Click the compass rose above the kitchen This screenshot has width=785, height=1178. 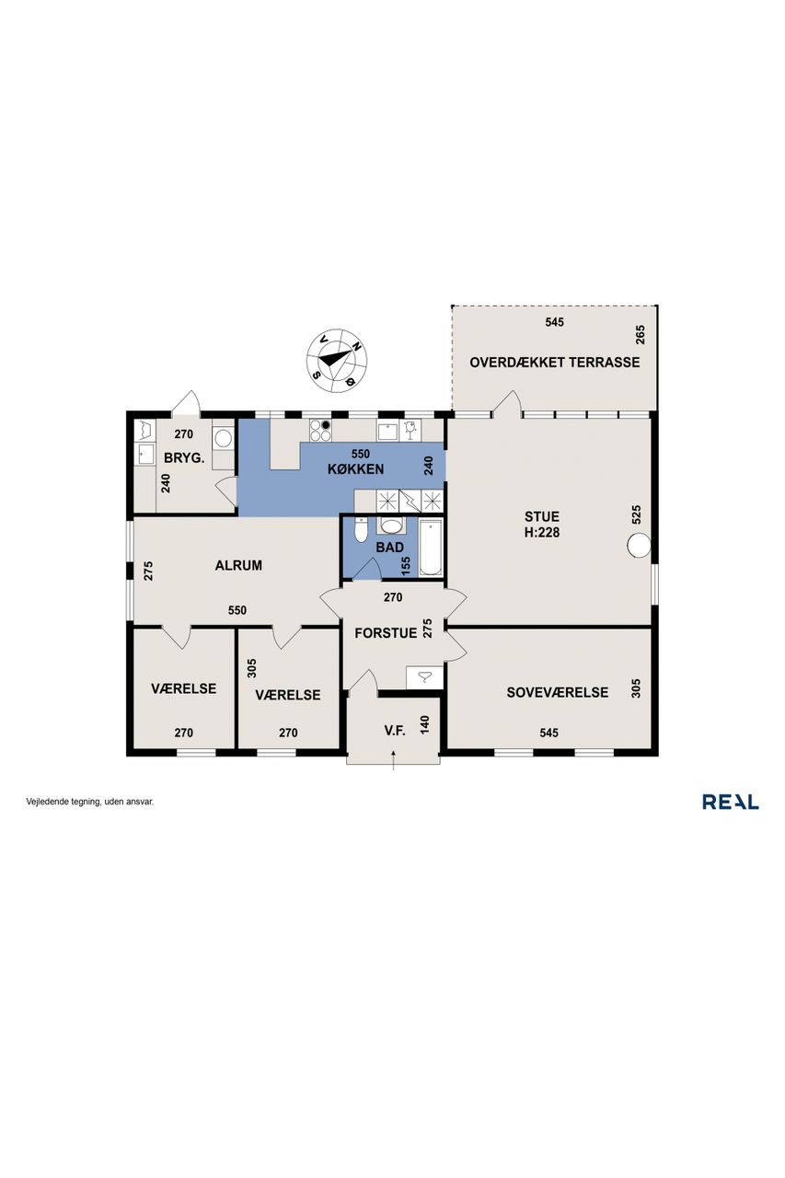click(x=337, y=360)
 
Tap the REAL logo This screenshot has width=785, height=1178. click(x=731, y=802)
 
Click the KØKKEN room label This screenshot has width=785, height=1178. click(x=355, y=468)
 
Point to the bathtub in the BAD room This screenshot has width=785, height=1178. click(x=431, y=548)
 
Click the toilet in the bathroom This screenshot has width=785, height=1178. click(x=361, y=530)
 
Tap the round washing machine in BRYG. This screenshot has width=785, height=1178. click(x=223, y=436)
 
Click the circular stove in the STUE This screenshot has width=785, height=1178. click(x=639, y=544)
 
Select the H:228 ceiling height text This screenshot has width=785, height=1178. click(x=541, y=532)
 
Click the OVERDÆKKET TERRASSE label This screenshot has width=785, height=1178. click(x=554, y=363)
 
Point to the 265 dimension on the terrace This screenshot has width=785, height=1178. click(x=640, y=334)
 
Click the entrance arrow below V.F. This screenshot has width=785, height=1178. click(x=394, y=760)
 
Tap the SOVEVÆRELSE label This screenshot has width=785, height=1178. click(x=558, y=692)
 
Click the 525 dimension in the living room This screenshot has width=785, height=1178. click(x=636, y=514)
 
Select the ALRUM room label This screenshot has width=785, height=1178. click(x=238, y=565)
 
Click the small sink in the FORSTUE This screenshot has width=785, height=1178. click(x=424, y=677)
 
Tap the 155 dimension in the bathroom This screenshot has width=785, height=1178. click(x=405, y=566)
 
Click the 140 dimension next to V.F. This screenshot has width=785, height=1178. click(x=425, y=724)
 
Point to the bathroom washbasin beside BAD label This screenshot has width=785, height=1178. click(x=390, y=525)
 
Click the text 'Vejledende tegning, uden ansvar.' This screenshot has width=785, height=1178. click(x=90, y=802)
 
